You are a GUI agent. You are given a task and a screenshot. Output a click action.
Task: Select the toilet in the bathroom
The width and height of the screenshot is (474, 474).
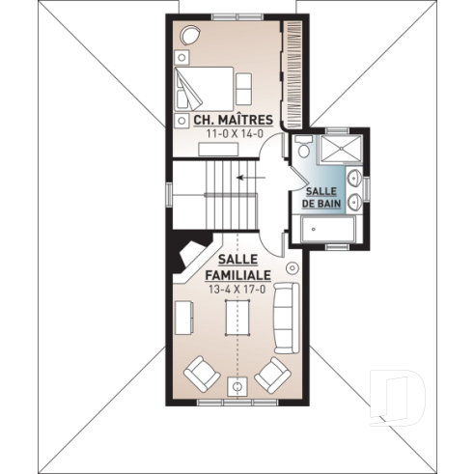[303, 149]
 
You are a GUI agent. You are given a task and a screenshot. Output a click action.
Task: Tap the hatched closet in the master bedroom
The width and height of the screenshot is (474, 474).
[293, 68]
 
